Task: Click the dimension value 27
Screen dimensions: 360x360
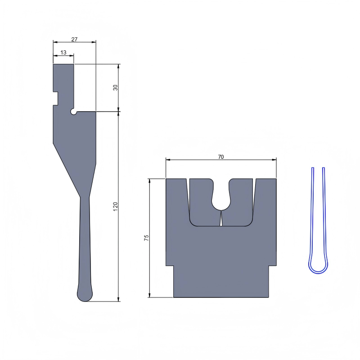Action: pos(74,40)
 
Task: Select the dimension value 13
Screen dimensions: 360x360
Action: pos(63,53)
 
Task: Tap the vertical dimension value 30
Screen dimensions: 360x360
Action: pos(116,87)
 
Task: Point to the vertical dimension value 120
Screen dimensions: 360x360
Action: pos(116,207)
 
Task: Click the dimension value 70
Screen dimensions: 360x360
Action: pos(220,157)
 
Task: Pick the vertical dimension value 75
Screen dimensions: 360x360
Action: pos(146,238)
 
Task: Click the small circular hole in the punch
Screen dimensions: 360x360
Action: pos(73,111)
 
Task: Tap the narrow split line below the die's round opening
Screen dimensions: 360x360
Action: pos(221,219)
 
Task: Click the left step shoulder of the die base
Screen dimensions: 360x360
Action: pos(170,266)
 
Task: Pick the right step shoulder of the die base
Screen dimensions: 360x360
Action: pos(272,266)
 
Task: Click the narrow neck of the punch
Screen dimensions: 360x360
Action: pos(85,198)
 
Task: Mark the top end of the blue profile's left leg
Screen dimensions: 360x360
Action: pos(312,169)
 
